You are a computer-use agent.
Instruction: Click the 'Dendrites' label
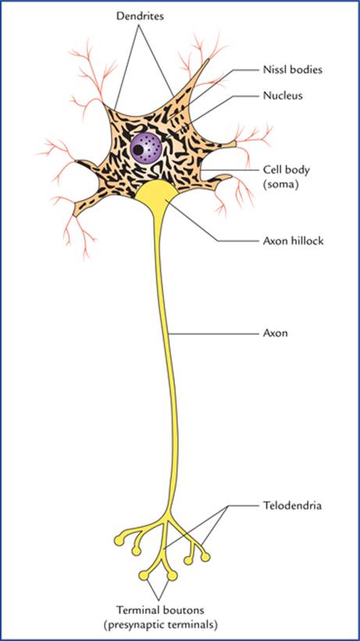point(140,16)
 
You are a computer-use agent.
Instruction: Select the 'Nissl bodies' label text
point(293,70)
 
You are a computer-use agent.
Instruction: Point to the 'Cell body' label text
point(286,169)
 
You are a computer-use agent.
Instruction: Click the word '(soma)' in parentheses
point(281,184)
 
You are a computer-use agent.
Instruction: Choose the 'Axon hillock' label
point(293,240)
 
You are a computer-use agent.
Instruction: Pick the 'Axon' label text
point(275,333)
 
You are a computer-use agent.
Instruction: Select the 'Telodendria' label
point(292,506)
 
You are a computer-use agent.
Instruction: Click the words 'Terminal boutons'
point(160,611)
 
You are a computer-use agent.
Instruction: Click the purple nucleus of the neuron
point(147,148)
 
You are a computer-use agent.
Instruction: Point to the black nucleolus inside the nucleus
point(139,150)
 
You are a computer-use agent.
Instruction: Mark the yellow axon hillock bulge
point(157,193)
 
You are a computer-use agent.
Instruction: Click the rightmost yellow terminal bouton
point(205,557)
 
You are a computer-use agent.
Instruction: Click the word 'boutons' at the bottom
point(183,611)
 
